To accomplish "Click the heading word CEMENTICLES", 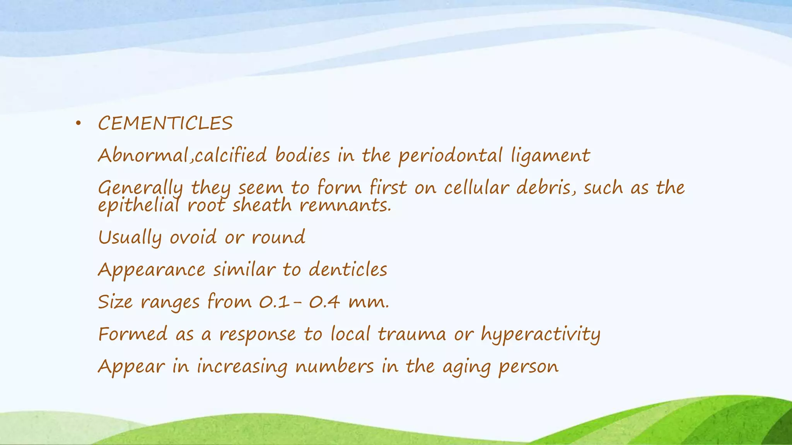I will [165, 124].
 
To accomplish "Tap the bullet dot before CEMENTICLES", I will [78, 124].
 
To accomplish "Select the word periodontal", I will [451, 156].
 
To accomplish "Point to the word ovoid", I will [193, 237].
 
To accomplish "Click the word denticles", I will [348, 269].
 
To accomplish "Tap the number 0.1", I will [274, 301].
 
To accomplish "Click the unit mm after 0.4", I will [368, 302].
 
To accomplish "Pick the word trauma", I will [412, 334].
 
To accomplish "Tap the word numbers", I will [335, 366].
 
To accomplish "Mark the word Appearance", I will [152, 270].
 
